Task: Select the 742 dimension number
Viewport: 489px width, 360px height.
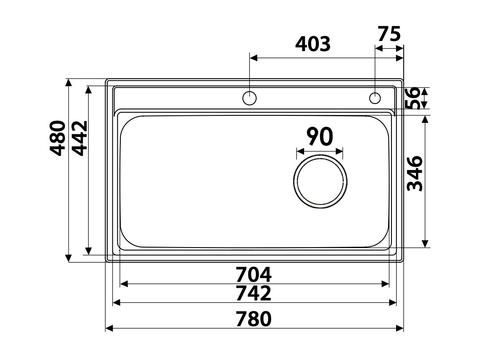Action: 253,294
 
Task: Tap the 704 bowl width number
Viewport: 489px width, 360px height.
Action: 253,275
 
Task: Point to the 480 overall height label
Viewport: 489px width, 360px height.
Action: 57,138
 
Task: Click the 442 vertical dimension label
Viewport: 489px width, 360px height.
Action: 79,138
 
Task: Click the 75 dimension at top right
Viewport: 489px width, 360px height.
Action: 388,34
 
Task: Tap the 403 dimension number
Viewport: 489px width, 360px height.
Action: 312,44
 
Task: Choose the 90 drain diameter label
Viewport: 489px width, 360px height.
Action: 320,136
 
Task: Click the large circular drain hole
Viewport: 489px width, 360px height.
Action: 320,181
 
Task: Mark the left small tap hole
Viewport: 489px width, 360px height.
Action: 250,98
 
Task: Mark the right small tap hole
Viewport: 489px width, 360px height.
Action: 375,98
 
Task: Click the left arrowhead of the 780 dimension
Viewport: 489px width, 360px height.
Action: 109,328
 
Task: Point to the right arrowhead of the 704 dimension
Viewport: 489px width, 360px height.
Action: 385,284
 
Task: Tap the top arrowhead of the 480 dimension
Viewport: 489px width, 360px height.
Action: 68,82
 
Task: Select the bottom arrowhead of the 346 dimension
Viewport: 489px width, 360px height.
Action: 425,244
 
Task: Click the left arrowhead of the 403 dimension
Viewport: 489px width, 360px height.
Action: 253,57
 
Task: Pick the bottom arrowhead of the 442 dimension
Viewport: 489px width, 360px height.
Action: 88,248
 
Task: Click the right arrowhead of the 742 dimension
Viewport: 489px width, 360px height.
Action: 393,302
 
